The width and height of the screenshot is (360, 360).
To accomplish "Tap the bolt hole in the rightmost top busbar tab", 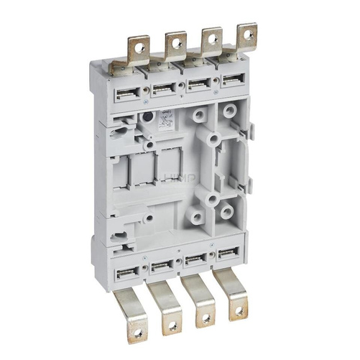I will tap(246, 34).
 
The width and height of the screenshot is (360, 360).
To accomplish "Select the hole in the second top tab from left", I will tap(176, 43).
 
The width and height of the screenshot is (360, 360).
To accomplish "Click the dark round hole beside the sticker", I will tap(147, 116).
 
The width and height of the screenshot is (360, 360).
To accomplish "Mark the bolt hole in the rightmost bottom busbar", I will tap(236, 310).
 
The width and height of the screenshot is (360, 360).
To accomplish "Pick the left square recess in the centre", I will tap(139, 172).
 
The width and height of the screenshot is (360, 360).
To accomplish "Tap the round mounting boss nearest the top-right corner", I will tap(229, 112).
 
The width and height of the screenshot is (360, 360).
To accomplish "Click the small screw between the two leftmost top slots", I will tap(146, 91).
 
